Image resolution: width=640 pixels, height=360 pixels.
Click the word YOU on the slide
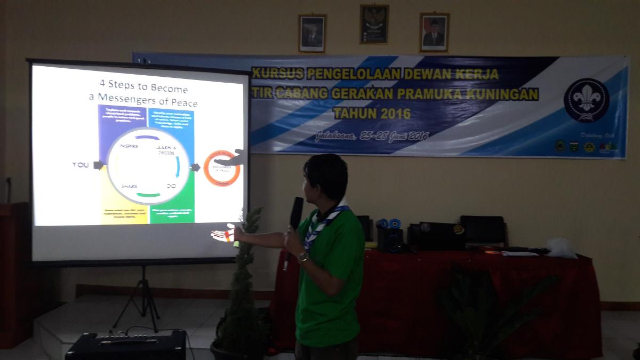(x=81, y=165)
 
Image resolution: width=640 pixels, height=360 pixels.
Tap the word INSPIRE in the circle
(x=129, y=146)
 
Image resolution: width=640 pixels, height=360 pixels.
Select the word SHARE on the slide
(x=129, y=186)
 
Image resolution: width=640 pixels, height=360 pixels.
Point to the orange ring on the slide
(x=222, y=169)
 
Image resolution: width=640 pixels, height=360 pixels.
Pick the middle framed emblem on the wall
(x=374, y=24)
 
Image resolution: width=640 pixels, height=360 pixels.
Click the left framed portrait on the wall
(x=311, y=33)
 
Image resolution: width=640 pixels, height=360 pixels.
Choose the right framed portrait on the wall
(x=434, y=32)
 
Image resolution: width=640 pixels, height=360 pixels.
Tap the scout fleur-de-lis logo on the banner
(x=586, y=100)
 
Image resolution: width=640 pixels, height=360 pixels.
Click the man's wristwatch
(x=302, y=258)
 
